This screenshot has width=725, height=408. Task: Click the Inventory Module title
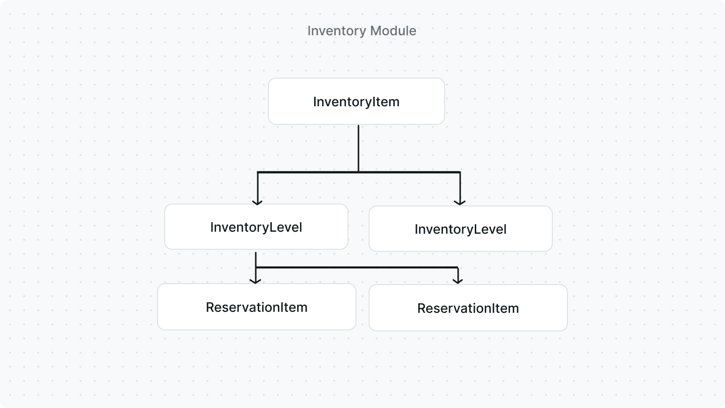pos(361,31)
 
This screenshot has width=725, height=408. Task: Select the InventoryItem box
pos(356,101)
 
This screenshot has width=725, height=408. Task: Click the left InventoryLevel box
pos(256,227)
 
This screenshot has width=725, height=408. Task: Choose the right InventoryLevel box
pos(460,229)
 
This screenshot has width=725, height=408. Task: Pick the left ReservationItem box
pos(256,307)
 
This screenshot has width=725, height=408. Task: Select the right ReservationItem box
pos(468,308)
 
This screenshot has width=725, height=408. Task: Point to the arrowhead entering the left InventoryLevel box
pos(257,201)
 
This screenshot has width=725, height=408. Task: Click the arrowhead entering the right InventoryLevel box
pos(459,201)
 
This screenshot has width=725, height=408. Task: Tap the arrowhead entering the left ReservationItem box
pos(256,281)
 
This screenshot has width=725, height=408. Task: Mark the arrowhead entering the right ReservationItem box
pos(458,281)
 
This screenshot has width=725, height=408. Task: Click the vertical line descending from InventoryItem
pos(358,149)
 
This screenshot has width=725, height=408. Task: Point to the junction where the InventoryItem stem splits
pos(358,172)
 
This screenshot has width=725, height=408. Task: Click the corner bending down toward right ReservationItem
pos(458,267)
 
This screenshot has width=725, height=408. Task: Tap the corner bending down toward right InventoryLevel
pos(460,172)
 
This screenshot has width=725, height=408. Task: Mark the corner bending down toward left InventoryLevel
pos(257,172)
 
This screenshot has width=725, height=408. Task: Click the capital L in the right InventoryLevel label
pos(476,229)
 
